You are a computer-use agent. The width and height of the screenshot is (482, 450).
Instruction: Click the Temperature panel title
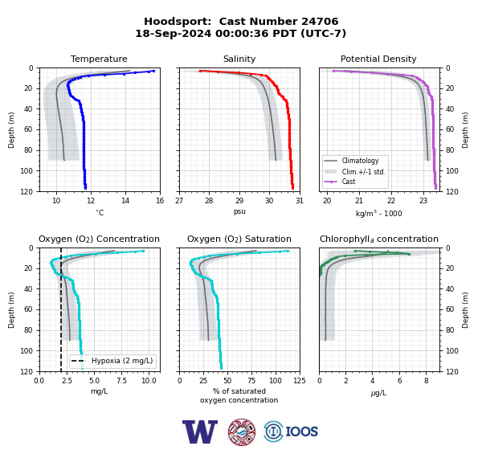coord(99,59)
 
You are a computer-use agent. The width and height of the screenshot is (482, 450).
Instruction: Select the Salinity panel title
coord(239,59)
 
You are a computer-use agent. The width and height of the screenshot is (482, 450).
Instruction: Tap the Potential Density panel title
coord(378,59)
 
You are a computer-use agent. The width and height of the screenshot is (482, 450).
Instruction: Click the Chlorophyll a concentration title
coord(378,239)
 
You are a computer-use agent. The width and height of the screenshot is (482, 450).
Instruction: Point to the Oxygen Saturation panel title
coord(239,239)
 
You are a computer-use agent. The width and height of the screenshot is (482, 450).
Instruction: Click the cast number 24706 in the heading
coord(320,22)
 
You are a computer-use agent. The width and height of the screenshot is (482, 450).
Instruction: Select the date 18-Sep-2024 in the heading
coord(174,33)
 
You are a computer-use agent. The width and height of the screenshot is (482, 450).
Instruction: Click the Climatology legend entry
coord(360,161)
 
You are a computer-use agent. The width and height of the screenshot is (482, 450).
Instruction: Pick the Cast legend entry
coord(349,182)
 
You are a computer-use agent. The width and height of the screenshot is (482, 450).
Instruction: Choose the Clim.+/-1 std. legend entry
coord(363,172)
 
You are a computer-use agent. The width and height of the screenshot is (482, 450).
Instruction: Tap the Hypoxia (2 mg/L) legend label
coord(122,361)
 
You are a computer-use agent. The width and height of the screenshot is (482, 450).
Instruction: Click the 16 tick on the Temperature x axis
coord(160,201)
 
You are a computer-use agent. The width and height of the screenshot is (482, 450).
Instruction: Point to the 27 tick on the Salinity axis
coord(179,201)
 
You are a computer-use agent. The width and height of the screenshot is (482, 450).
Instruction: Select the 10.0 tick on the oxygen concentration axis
coord(149,380)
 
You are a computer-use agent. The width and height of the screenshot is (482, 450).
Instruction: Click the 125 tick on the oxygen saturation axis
coord(300,380)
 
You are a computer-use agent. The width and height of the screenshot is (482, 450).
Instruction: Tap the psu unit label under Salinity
coord(239,211)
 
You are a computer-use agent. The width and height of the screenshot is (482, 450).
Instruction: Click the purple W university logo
coord(200,432)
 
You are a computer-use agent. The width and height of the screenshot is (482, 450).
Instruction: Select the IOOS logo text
coord(301,432)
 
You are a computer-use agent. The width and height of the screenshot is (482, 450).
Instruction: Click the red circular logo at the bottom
coord(242,432)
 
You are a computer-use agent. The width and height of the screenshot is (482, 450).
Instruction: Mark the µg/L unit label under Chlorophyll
coord(378,393)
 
